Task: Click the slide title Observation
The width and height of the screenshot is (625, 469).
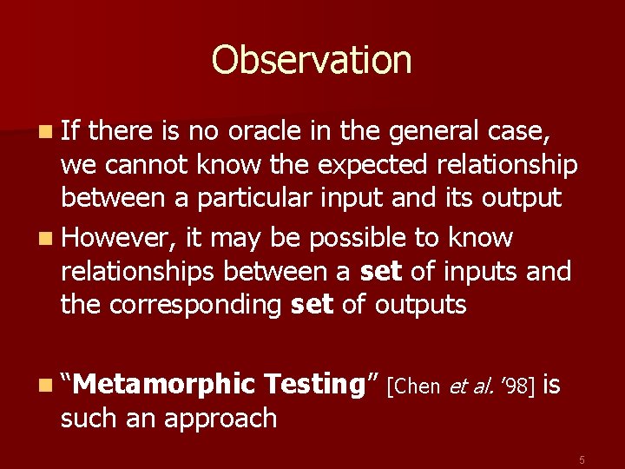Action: pos(312,60)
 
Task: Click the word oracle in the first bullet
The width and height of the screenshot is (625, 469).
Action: pos(256,130)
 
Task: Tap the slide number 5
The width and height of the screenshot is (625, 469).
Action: pos(582,459)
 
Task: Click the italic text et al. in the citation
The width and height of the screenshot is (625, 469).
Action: pos(472,386)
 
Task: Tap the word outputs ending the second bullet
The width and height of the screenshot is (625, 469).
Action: pos(420,305)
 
